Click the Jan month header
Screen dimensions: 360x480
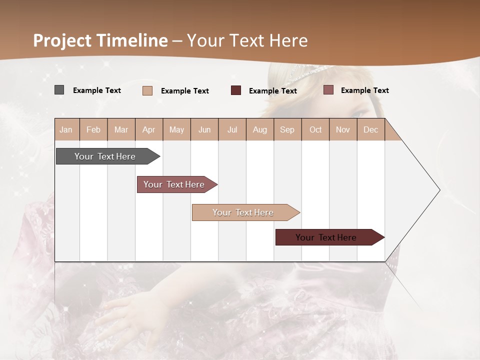(x=66, y=129)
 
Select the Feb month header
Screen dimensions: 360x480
(x=93, y=129)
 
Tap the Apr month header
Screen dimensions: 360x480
(x=148, y=129)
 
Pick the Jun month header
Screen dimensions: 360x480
(x=204, y=129)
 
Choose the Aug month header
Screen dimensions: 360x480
(x=259, y=129)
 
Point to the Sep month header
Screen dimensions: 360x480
(x=287, y=129)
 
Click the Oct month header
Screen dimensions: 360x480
(x=315, y=129)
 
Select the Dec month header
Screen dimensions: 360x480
(x=370, y=129)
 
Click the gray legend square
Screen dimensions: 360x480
(x=59, y=90)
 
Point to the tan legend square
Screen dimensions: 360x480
(x=147, y=90)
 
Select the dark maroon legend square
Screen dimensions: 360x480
(x=236, y=90)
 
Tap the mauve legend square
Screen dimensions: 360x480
(x=328, y=90)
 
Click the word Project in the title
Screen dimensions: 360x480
(x=62, y=40)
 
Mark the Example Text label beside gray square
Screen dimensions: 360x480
(x=97, y=90)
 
